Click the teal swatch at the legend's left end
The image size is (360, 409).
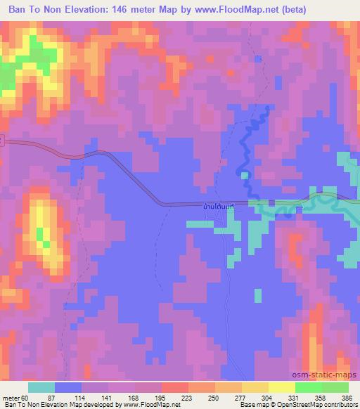pos(41,387)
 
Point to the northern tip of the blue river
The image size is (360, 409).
pos(266,108)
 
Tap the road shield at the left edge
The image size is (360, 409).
pos(2,141)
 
